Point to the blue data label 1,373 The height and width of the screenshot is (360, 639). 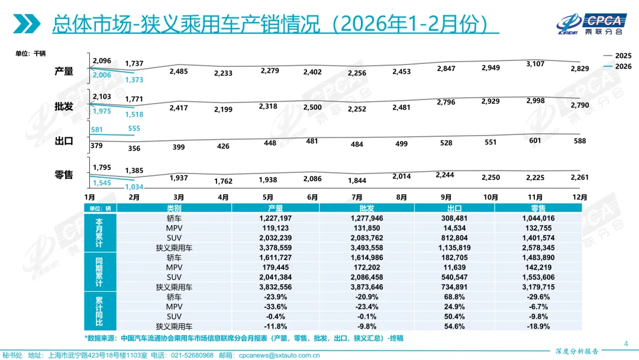(x=134, y=79)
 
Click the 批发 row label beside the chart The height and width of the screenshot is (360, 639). (x=64, y=106)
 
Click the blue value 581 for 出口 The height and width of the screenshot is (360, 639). (x=97, y=129)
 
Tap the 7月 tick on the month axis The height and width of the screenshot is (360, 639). (x=357, y=197)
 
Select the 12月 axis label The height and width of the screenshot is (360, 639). (x=580, y=197)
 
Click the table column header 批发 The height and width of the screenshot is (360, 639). (x=367, y=208)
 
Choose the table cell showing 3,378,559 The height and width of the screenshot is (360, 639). (x=275, y=248)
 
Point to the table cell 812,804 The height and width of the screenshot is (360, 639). (x=454, y=238)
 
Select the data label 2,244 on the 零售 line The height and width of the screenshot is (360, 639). (x=446, y=175)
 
